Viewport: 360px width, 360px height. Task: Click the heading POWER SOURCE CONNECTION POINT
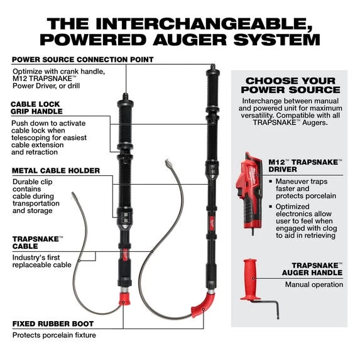click(x=82, y=60)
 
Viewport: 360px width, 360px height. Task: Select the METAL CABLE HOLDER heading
click(x=55, y=170)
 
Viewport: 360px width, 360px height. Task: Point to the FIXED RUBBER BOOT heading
click(x=53, y=324)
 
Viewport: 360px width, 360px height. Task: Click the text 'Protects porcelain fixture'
click(x=54, y=335)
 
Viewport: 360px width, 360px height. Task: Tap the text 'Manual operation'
click(x=314, y=285)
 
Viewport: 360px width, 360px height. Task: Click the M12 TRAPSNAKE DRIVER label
click(x=305, y=166)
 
